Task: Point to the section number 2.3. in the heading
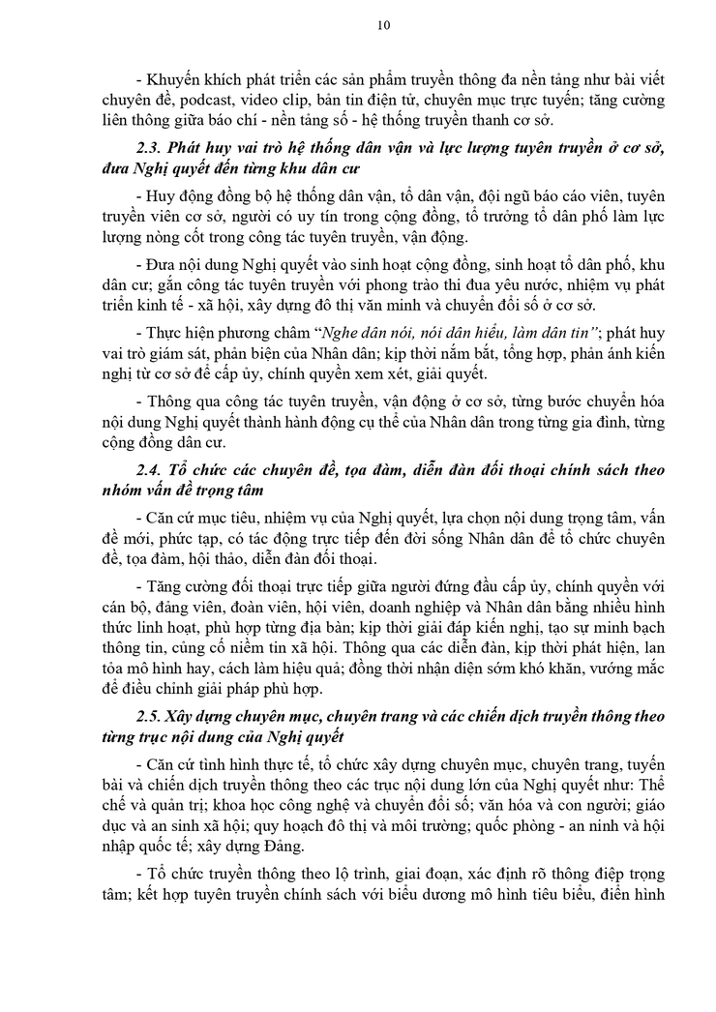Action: [154, 147]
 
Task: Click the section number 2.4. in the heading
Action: [154, 469]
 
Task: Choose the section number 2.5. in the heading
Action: [154, 714]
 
